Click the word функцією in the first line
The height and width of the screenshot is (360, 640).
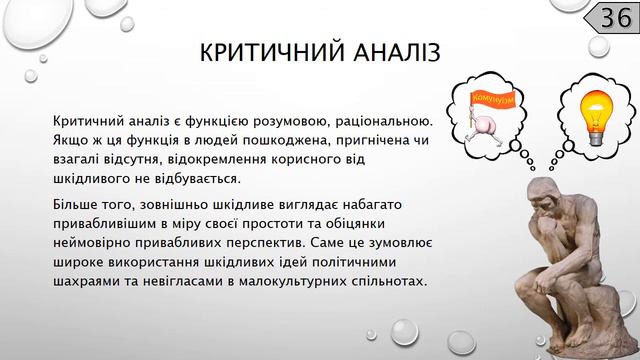[x=224, y=120]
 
